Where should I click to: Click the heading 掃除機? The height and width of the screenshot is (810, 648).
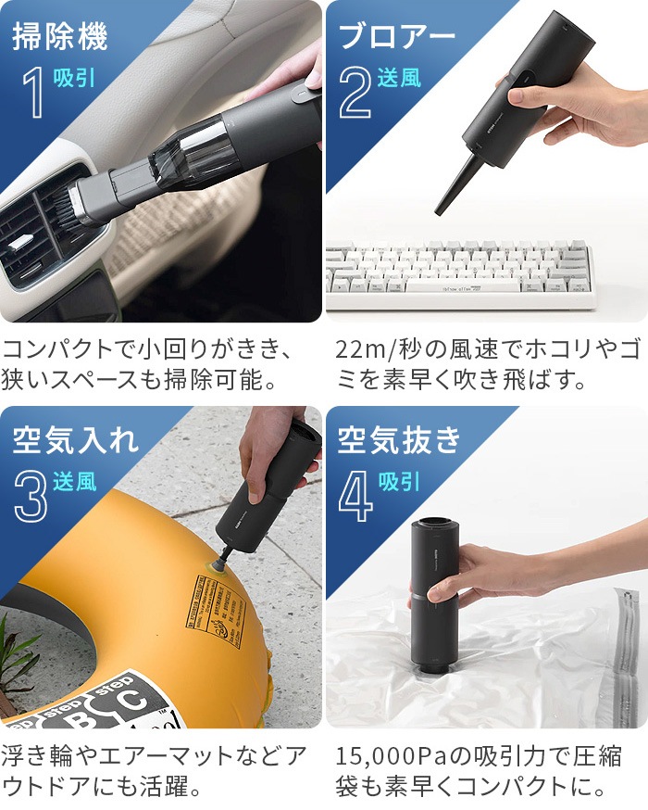(60, 36)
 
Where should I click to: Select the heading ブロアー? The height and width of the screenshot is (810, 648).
(397, 36)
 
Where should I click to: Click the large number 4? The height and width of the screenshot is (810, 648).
(355, 497)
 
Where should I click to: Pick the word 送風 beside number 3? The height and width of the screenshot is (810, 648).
(75, 481)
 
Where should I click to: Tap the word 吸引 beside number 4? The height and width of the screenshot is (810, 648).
(400, 481)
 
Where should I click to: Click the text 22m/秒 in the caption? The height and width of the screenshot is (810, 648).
(383, 350)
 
